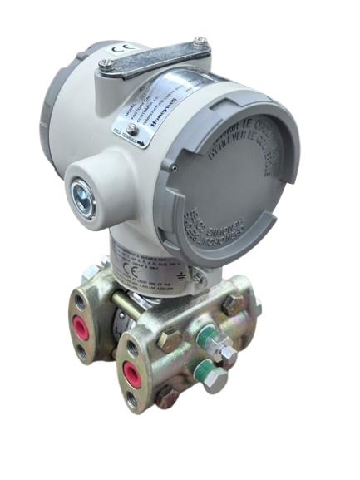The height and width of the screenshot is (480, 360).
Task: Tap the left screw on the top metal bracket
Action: [x=106, y=63]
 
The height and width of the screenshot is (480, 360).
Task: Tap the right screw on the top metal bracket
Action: [x=200, y=41]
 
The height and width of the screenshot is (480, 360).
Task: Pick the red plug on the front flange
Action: [x=131, y=369]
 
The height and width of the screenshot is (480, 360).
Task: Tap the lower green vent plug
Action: [x=199, y=365]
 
